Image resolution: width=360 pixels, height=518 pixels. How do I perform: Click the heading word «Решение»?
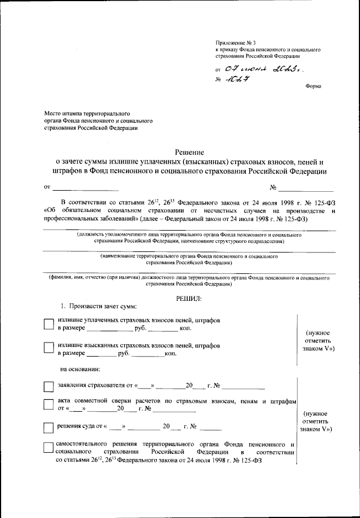(x=188, y=152)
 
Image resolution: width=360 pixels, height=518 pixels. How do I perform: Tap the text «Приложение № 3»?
(x=236, y=43)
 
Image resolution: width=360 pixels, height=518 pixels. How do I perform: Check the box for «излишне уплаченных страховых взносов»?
(x=49, y=323)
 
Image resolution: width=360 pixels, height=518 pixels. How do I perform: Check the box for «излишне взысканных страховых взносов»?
(x=49, y=349)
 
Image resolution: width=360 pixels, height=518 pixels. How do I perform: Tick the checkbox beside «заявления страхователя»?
(x=49, y=387)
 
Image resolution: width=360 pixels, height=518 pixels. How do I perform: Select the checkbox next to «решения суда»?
(x=49, y=428)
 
